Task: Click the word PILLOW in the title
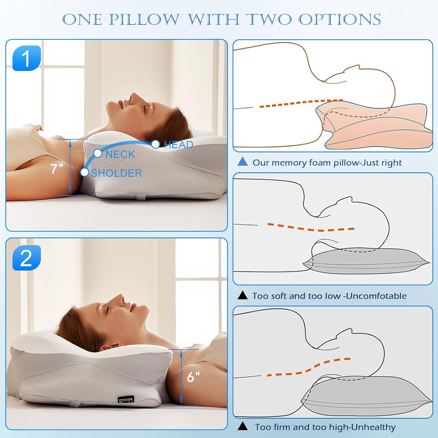click(144, 20)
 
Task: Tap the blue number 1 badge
click(27, 58)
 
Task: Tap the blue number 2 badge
click(27, 258)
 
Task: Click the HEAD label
click(178, 145)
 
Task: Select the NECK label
click(120, 154)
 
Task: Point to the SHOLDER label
click(117, 173)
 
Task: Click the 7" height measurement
click(57, 169)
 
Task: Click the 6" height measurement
click(193, 377)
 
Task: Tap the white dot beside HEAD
click(155, 144)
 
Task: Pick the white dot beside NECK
click(98, 153)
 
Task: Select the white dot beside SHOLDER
click(84, 172)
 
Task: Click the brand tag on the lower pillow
click(126, 399)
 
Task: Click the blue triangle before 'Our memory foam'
click(243, 162)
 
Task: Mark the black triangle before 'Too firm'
click(243, 426)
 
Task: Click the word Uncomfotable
click(376, 296)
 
